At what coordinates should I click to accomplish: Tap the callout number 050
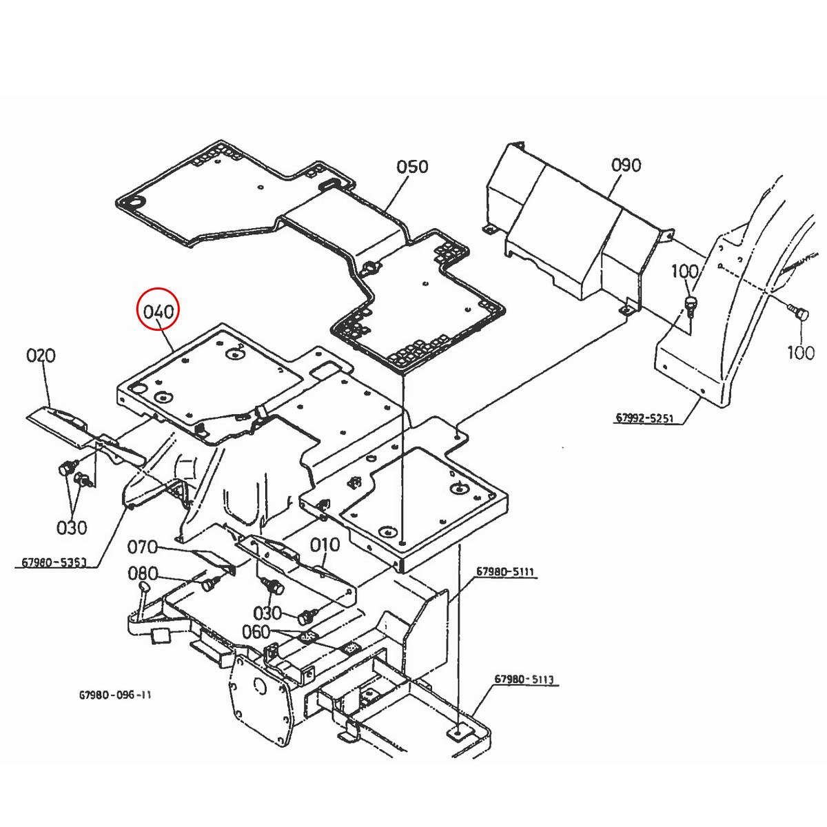(412, 167)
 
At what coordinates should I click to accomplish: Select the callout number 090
(626, 165)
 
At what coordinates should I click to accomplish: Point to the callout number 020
(41, 356)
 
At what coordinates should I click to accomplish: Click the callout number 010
(325, 545)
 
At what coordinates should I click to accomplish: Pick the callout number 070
(143, 549)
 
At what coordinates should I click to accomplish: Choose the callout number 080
(143, 574)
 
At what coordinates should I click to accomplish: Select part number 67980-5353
(54, 562)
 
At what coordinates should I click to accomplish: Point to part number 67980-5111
(505, 573)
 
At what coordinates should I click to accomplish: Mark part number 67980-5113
(523, 680)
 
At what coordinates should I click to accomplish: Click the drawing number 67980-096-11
(115, 695)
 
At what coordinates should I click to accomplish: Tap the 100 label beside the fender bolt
(800, 353)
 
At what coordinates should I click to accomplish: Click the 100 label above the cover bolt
(684, 272)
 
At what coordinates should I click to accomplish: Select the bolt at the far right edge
(799, 314)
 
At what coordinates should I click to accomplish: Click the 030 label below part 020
(72, 528)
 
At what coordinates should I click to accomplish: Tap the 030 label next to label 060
(267, 613)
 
